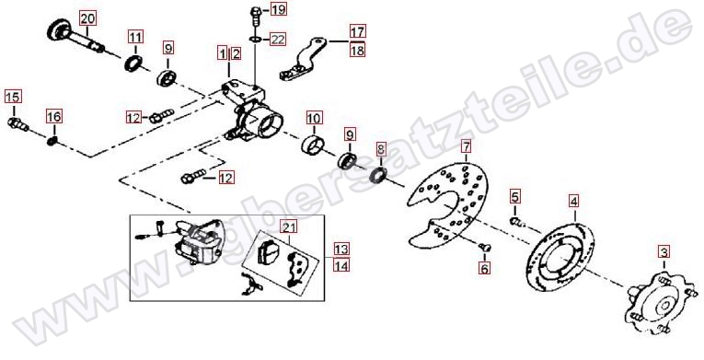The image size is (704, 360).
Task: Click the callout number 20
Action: point(87,19)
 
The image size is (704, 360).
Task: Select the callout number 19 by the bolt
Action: point(278,9)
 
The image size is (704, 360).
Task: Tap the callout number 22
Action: point(278,40)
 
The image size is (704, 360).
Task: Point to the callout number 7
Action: point(466,146)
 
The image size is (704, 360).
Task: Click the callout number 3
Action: point(664,251)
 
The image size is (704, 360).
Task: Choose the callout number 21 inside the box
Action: point(289,227)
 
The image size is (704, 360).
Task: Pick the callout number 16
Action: point(54,117)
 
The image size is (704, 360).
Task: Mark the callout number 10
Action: point(314,118)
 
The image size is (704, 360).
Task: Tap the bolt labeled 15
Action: point(18,124)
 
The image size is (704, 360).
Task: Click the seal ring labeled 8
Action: point(378,175)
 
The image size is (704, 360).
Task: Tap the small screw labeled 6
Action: point(484,247)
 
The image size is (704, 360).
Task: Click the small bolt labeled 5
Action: point(516,221)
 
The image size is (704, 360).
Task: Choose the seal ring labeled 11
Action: point(133,63)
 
